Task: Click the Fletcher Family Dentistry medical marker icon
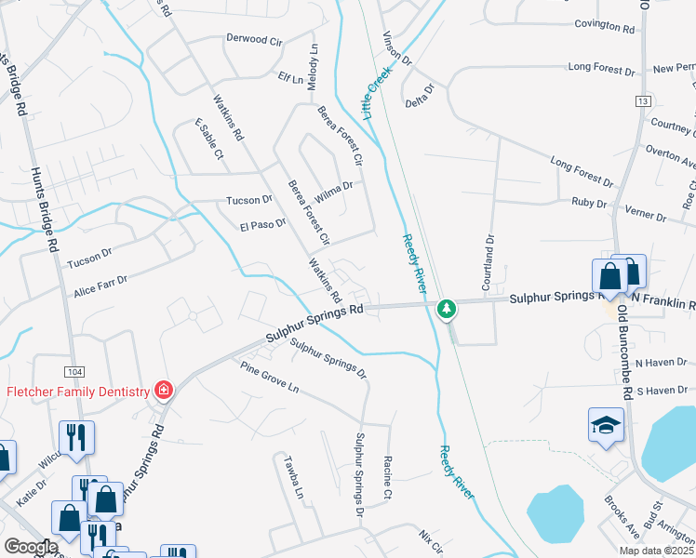(x=164, y=390)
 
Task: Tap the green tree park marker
(x=448, y=308)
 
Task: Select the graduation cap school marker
(x=606, y=425)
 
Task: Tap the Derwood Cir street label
(x=254, y=40)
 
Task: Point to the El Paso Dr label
(x=262, y=224)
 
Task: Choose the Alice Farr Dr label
(x=100, y=286)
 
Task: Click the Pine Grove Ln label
(x=269, y=378)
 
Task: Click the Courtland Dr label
(x=488, y=252)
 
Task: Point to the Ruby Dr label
(x=589, y=203)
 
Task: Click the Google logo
(x=31, y=547)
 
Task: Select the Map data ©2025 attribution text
(x=656, y=551)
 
